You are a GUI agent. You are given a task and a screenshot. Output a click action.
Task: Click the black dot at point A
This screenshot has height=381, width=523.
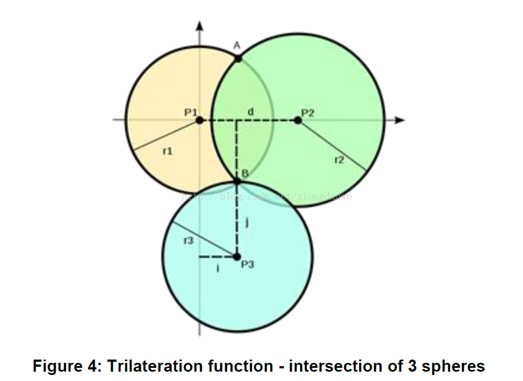[238, 58]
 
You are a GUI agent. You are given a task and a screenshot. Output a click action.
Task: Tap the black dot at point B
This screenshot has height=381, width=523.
[238, 181]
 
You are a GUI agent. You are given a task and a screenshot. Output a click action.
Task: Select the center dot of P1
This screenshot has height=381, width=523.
[200, 120]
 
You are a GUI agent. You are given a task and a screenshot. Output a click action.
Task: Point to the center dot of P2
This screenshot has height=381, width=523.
[298, 120]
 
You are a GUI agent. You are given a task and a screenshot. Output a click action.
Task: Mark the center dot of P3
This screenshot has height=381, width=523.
[237, 256]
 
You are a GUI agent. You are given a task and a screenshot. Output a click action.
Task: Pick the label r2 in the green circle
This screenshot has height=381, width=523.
[339, 160]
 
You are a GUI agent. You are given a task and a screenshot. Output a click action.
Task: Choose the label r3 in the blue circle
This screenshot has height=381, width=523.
[188, 240]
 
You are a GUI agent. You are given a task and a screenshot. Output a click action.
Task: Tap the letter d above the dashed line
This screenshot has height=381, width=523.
[250, 112]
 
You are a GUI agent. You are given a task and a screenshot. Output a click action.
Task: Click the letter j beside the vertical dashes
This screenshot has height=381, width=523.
[247, 223]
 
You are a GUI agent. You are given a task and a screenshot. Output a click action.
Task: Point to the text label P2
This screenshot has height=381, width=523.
[307, 113]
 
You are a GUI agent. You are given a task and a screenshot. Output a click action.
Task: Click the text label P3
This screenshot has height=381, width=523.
[249, 264]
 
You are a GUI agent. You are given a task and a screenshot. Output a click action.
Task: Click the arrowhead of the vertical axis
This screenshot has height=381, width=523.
[200, 25]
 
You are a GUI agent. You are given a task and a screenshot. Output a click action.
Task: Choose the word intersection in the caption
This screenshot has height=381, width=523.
[334, 366]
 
